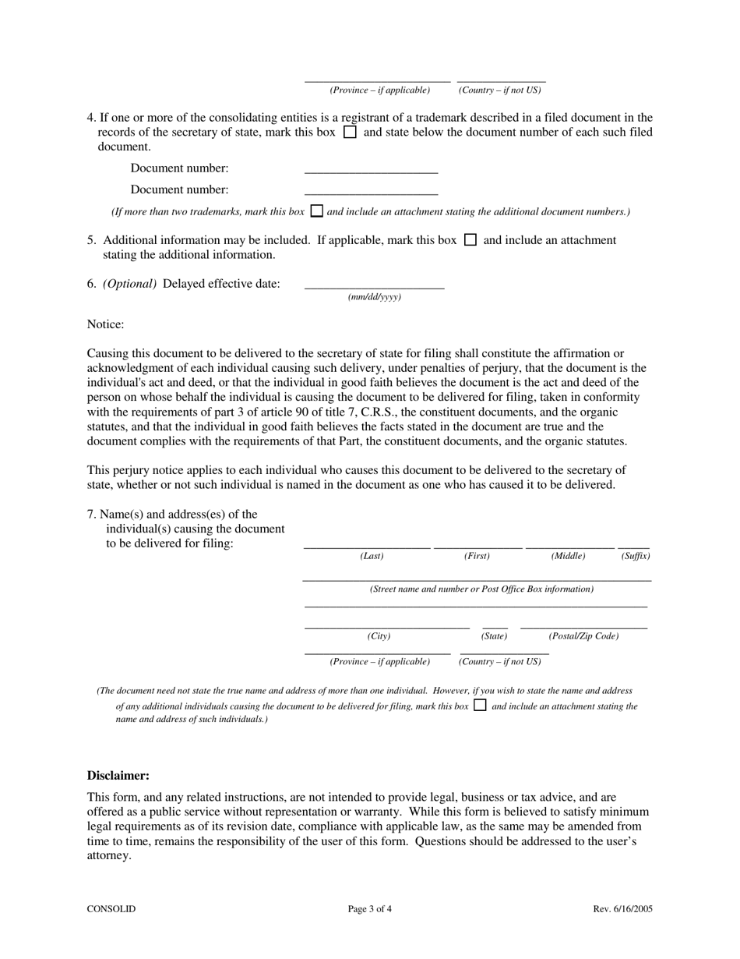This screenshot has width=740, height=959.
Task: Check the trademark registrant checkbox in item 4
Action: tap(350, 132)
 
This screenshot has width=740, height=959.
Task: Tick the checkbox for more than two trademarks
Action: tap(316, 211)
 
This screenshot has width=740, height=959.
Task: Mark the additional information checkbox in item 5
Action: tap(470, 240)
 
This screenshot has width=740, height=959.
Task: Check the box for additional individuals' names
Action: tap(480, 705)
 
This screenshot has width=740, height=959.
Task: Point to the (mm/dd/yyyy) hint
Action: tap(375, 297)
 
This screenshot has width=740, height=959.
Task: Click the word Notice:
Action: tap(105, 324)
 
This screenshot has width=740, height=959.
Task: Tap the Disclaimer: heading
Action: tap(118, 776)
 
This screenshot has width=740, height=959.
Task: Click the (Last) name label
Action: tap(372, 556)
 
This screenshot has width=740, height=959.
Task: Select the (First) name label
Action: tap(477, 556)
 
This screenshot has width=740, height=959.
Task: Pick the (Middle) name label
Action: tap(568, 556)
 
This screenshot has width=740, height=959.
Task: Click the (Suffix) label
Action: tap(635, 556)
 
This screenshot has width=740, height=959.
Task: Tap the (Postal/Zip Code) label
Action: tap(583, 636)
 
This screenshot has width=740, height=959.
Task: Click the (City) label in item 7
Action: tap(379, 636)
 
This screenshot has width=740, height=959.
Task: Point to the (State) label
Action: tap(494, 636)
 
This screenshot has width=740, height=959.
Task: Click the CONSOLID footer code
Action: tap(111, 909)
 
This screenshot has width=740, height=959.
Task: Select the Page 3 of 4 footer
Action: tap(370, 909)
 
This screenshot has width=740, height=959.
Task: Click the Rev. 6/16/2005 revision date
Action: tap(622, 909)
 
